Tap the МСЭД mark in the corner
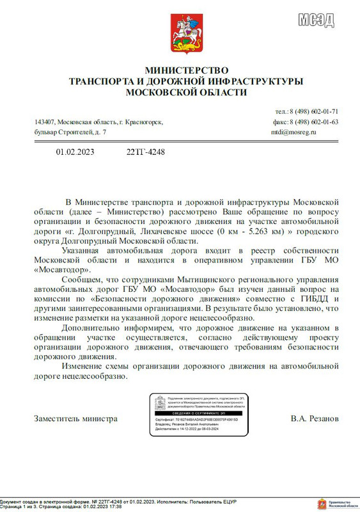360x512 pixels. coord(316,20)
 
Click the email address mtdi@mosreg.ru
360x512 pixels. coord(293,132)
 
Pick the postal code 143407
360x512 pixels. coord(44,122)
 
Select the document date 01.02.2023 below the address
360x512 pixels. coord(75,152)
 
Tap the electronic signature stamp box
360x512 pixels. coord(200,416)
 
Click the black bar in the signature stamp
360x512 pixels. coord(200,413)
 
